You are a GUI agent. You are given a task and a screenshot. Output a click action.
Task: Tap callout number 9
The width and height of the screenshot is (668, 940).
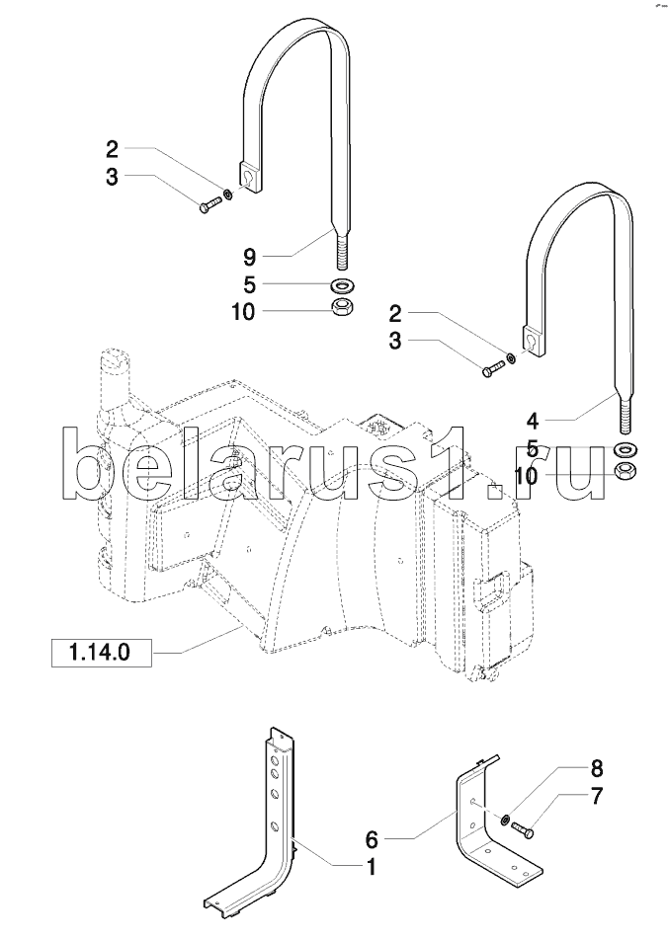tap(250, 258)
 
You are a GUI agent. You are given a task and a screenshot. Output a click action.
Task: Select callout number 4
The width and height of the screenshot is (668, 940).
tap(533, 422)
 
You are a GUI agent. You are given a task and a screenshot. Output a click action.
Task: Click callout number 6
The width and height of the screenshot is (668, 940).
tap(372, 840)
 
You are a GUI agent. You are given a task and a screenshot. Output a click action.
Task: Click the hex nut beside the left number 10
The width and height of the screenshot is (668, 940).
tap(343, 307)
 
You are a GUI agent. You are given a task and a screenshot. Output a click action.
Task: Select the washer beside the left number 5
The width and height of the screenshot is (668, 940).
tap(343, 283)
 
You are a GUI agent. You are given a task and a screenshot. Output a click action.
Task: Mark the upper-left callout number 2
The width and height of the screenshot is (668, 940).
tap(112, 148)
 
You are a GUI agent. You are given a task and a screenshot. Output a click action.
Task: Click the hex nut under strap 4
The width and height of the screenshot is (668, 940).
tap(626, 469)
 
